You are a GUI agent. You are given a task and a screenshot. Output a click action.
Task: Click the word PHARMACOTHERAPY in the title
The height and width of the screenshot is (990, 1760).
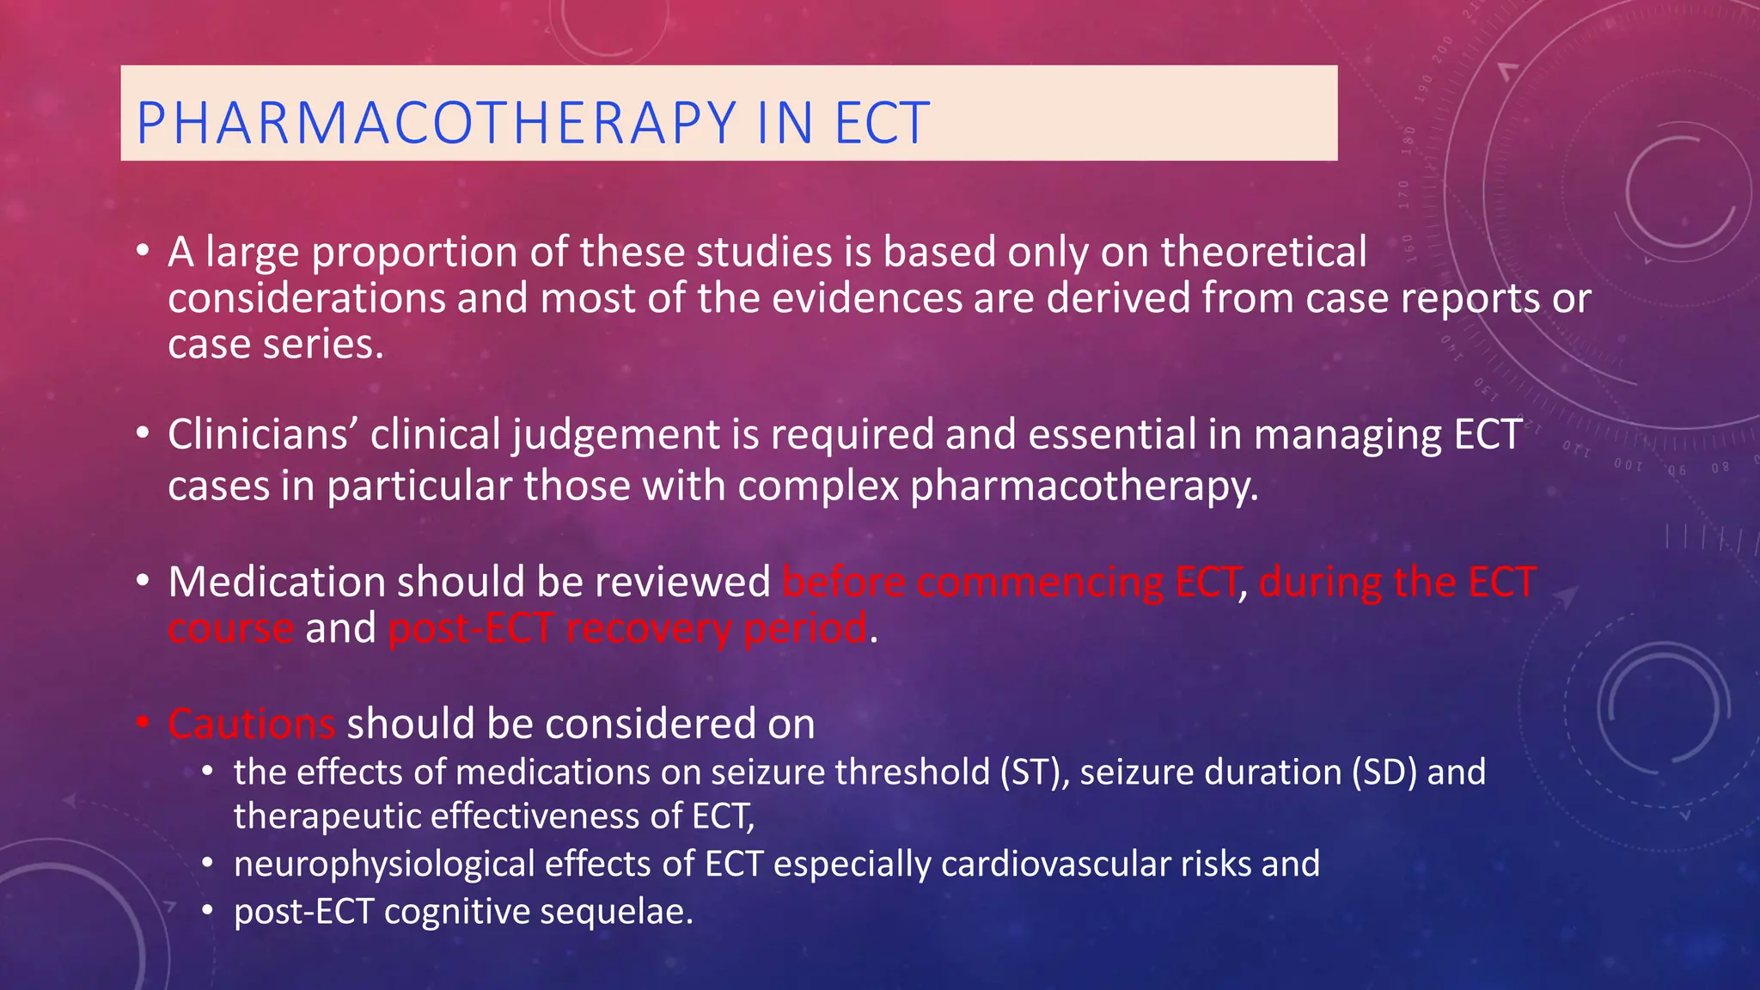point(437,123)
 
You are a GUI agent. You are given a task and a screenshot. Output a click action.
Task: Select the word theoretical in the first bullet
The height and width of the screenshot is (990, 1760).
point(1263,253)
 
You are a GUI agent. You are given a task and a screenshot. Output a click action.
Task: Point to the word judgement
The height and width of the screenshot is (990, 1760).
point(616,435)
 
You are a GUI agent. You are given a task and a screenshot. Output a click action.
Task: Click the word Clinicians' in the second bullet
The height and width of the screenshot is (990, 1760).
point(262,435)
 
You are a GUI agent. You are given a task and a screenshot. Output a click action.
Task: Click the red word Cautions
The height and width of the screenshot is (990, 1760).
point(251,724)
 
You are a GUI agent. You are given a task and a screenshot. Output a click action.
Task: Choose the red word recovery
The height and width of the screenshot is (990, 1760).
point(649,628)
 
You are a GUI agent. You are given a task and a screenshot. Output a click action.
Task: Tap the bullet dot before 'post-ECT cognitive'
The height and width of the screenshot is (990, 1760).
point(207,911)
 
